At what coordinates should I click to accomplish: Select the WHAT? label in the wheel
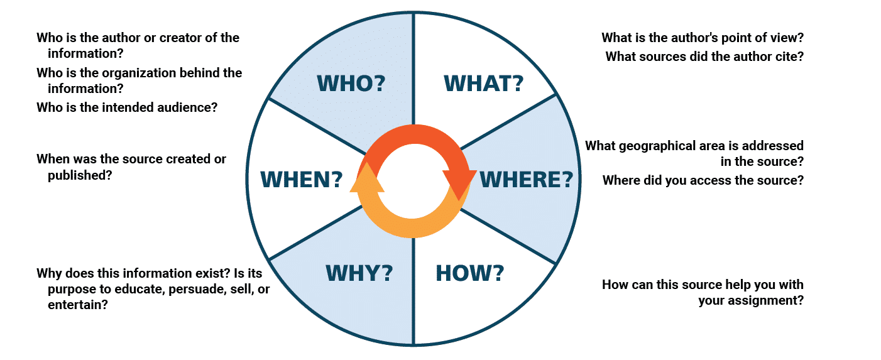tap(483, 84)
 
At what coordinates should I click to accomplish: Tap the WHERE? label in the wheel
tap(526, 180)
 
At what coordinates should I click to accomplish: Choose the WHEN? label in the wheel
tap(302, 180)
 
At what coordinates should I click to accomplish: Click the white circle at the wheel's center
tap(413, 180)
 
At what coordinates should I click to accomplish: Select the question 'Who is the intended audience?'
tap(127, 107)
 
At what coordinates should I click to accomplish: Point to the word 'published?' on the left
tap(80, 175)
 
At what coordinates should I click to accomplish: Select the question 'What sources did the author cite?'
tap(704, 57)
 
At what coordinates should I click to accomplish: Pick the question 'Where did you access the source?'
tap(703, 180)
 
